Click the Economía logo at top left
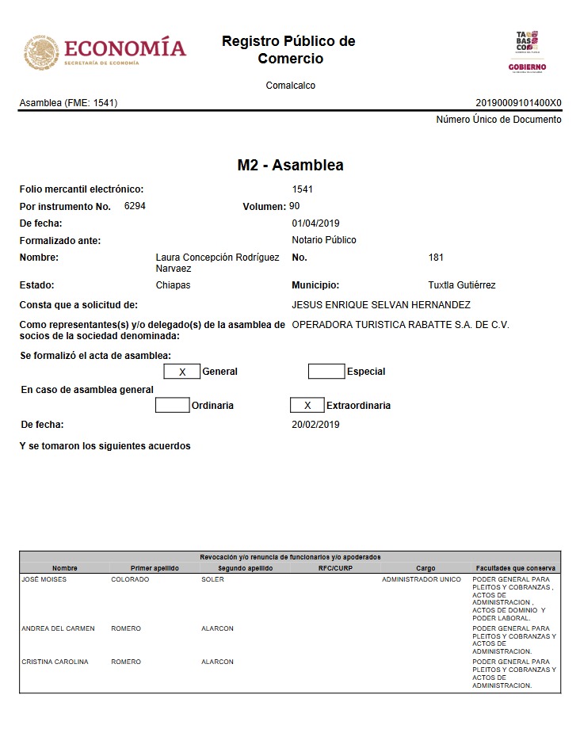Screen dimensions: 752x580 105,51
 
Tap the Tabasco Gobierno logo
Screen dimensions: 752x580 527,51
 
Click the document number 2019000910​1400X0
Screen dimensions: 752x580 518,103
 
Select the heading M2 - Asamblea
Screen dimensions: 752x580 290,166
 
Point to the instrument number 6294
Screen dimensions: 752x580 135,206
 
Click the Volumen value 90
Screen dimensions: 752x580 295,206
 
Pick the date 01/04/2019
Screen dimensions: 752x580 315,223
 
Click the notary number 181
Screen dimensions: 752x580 436,258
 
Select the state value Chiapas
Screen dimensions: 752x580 173,285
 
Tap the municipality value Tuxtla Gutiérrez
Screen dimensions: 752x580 462,285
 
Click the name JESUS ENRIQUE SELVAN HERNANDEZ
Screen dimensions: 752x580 381,305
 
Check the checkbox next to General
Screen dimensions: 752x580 182,372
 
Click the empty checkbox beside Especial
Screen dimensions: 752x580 326,372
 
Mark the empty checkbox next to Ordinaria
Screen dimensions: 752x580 173,405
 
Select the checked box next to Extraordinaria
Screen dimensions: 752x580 307,405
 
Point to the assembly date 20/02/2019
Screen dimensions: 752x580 315,425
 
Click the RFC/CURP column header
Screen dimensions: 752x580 335,568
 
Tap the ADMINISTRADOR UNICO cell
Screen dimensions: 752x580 421,579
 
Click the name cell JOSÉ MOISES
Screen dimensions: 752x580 44,579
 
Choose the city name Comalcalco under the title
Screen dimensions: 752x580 290,86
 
